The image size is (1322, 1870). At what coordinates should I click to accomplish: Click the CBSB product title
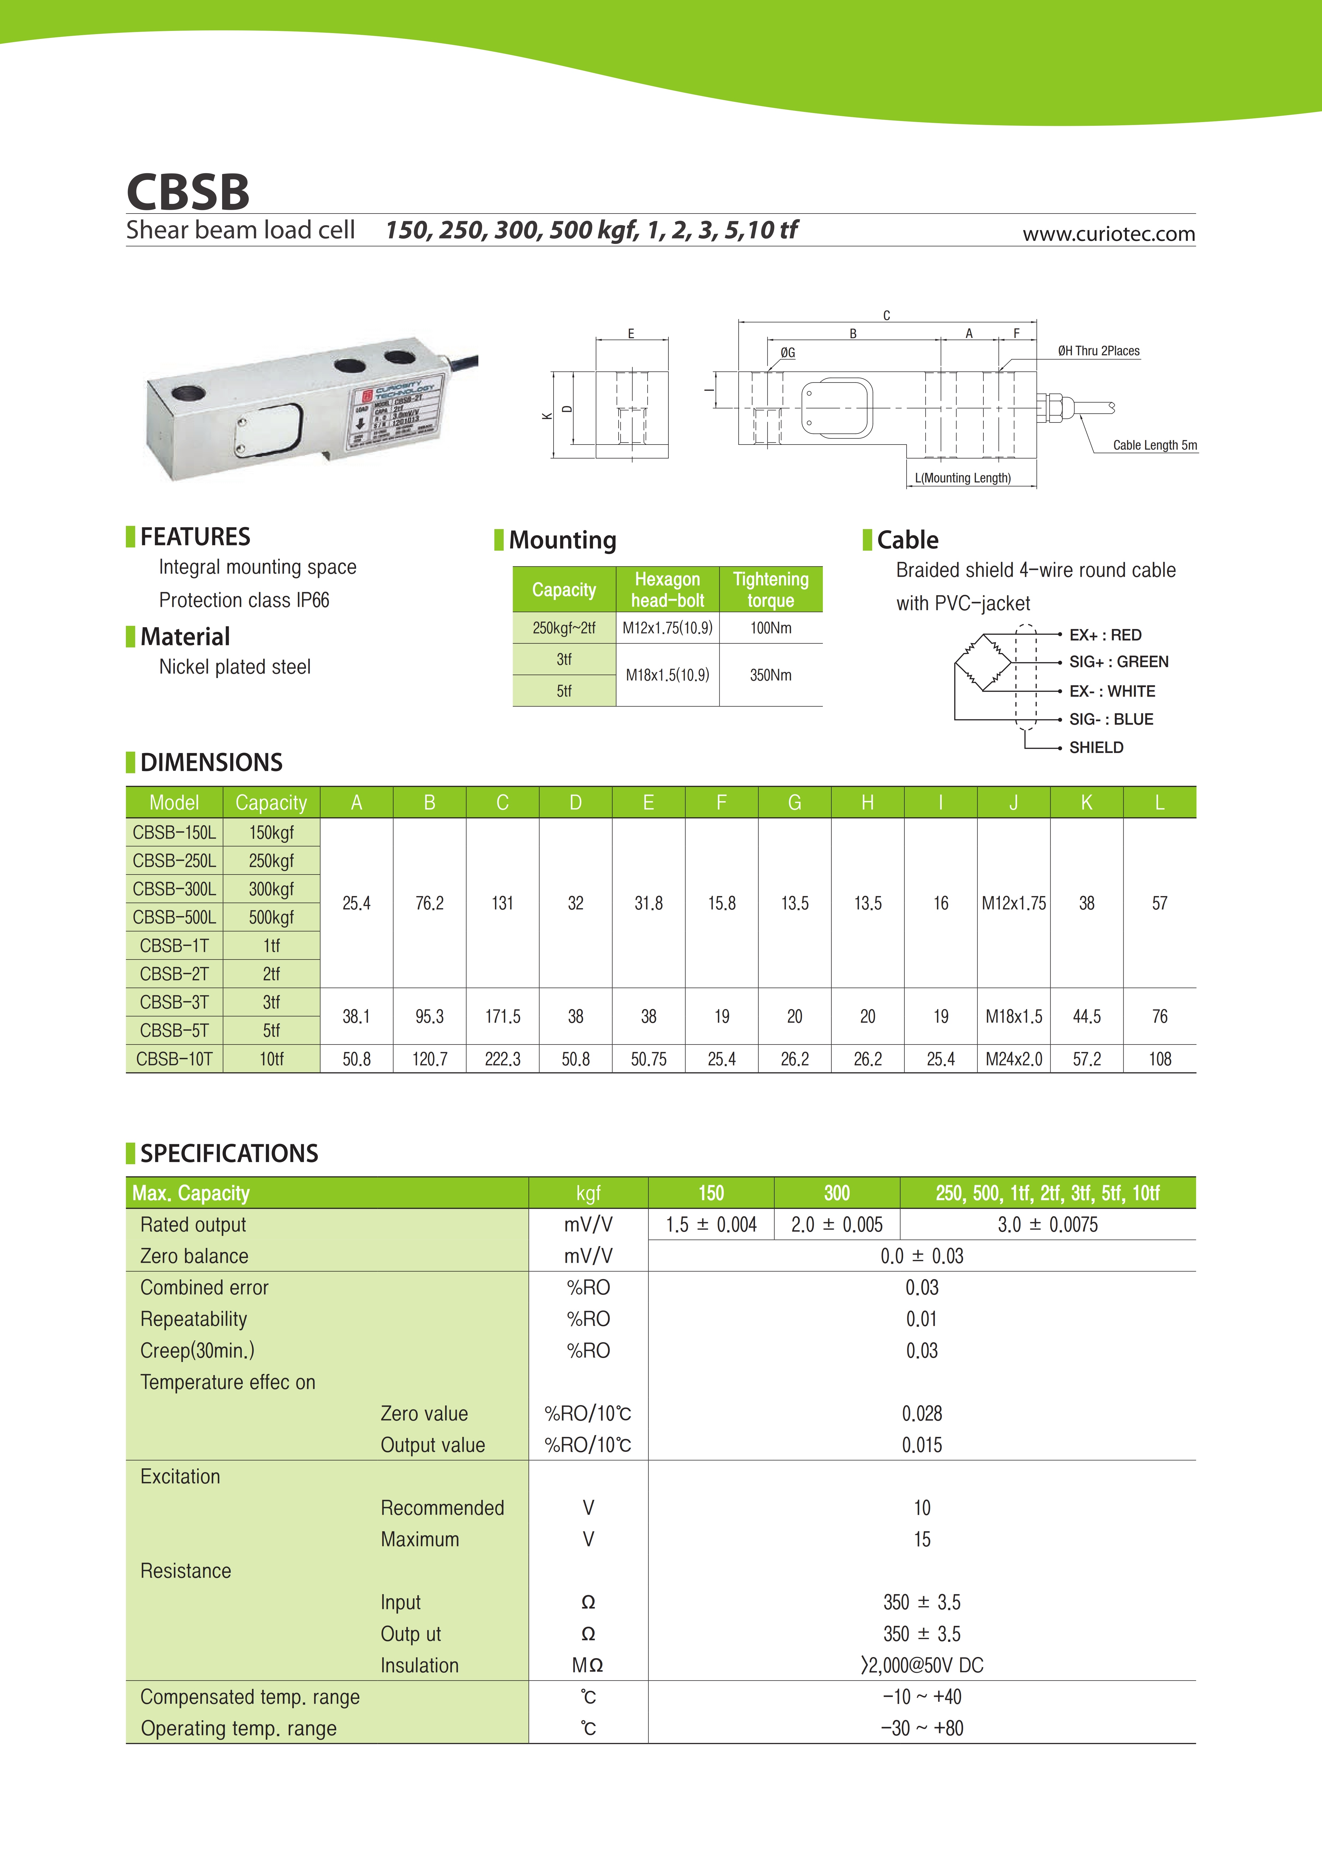tap(188, 192)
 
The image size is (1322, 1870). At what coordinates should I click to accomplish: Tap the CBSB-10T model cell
tap(174, 1059)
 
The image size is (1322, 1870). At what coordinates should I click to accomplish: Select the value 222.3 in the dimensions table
tap(503, 1059)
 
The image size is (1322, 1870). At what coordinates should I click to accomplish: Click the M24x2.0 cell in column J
tap(1013, 1059)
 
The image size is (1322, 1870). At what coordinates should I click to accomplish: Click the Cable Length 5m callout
tap(1154, 445)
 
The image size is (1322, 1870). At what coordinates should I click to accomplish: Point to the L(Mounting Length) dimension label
tap(963, 478)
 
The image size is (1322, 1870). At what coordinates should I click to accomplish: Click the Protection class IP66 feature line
tap(243, 600)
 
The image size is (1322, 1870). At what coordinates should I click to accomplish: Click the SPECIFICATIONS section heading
tap(229, 1153)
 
